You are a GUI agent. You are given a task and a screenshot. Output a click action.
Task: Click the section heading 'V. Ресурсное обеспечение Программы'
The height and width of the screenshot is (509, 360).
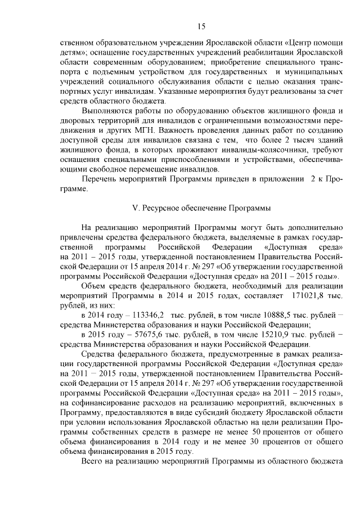pyautogui.click(x=201, y=208)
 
